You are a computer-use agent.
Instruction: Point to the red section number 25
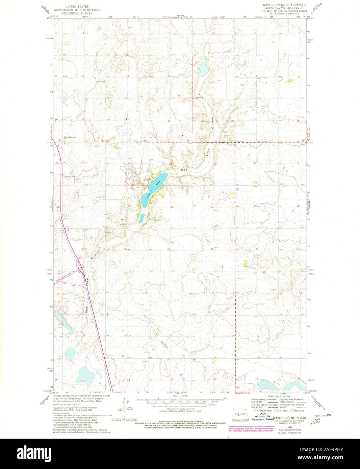click(x=172, y=207)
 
